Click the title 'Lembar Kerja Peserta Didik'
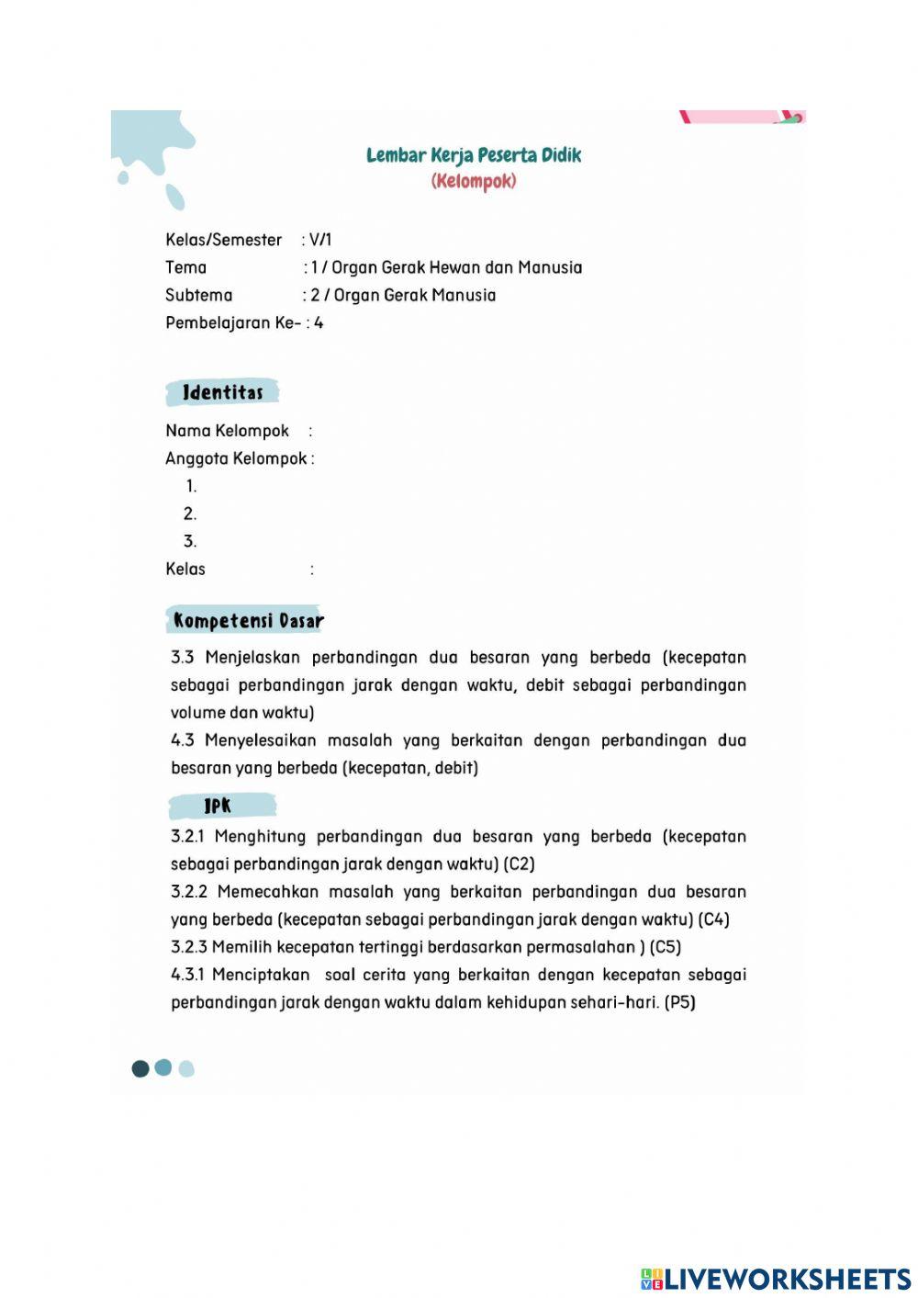click(474, 155)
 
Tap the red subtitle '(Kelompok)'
click(474, 181)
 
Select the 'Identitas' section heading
click(223, 392)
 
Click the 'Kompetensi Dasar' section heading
click(249, 621)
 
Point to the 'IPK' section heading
click(218, 807)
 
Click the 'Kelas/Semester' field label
click(223, 240)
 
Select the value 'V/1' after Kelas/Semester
click(320, 240)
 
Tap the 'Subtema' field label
click(198, 295)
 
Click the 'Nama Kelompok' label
click(227, 431)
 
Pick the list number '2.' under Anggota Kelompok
click(190, 514)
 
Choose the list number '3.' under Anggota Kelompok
click(190, 541)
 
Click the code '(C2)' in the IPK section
click(520, 864)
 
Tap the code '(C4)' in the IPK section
click(714, 920)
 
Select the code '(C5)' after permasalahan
click(666, 947)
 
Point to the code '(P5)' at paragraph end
click(680, 1002)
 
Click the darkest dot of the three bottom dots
click(140, 1068)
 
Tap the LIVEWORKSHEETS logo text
click(787, 1279)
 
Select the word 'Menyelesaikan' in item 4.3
click(261, 740)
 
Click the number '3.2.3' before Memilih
click(189, 947)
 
